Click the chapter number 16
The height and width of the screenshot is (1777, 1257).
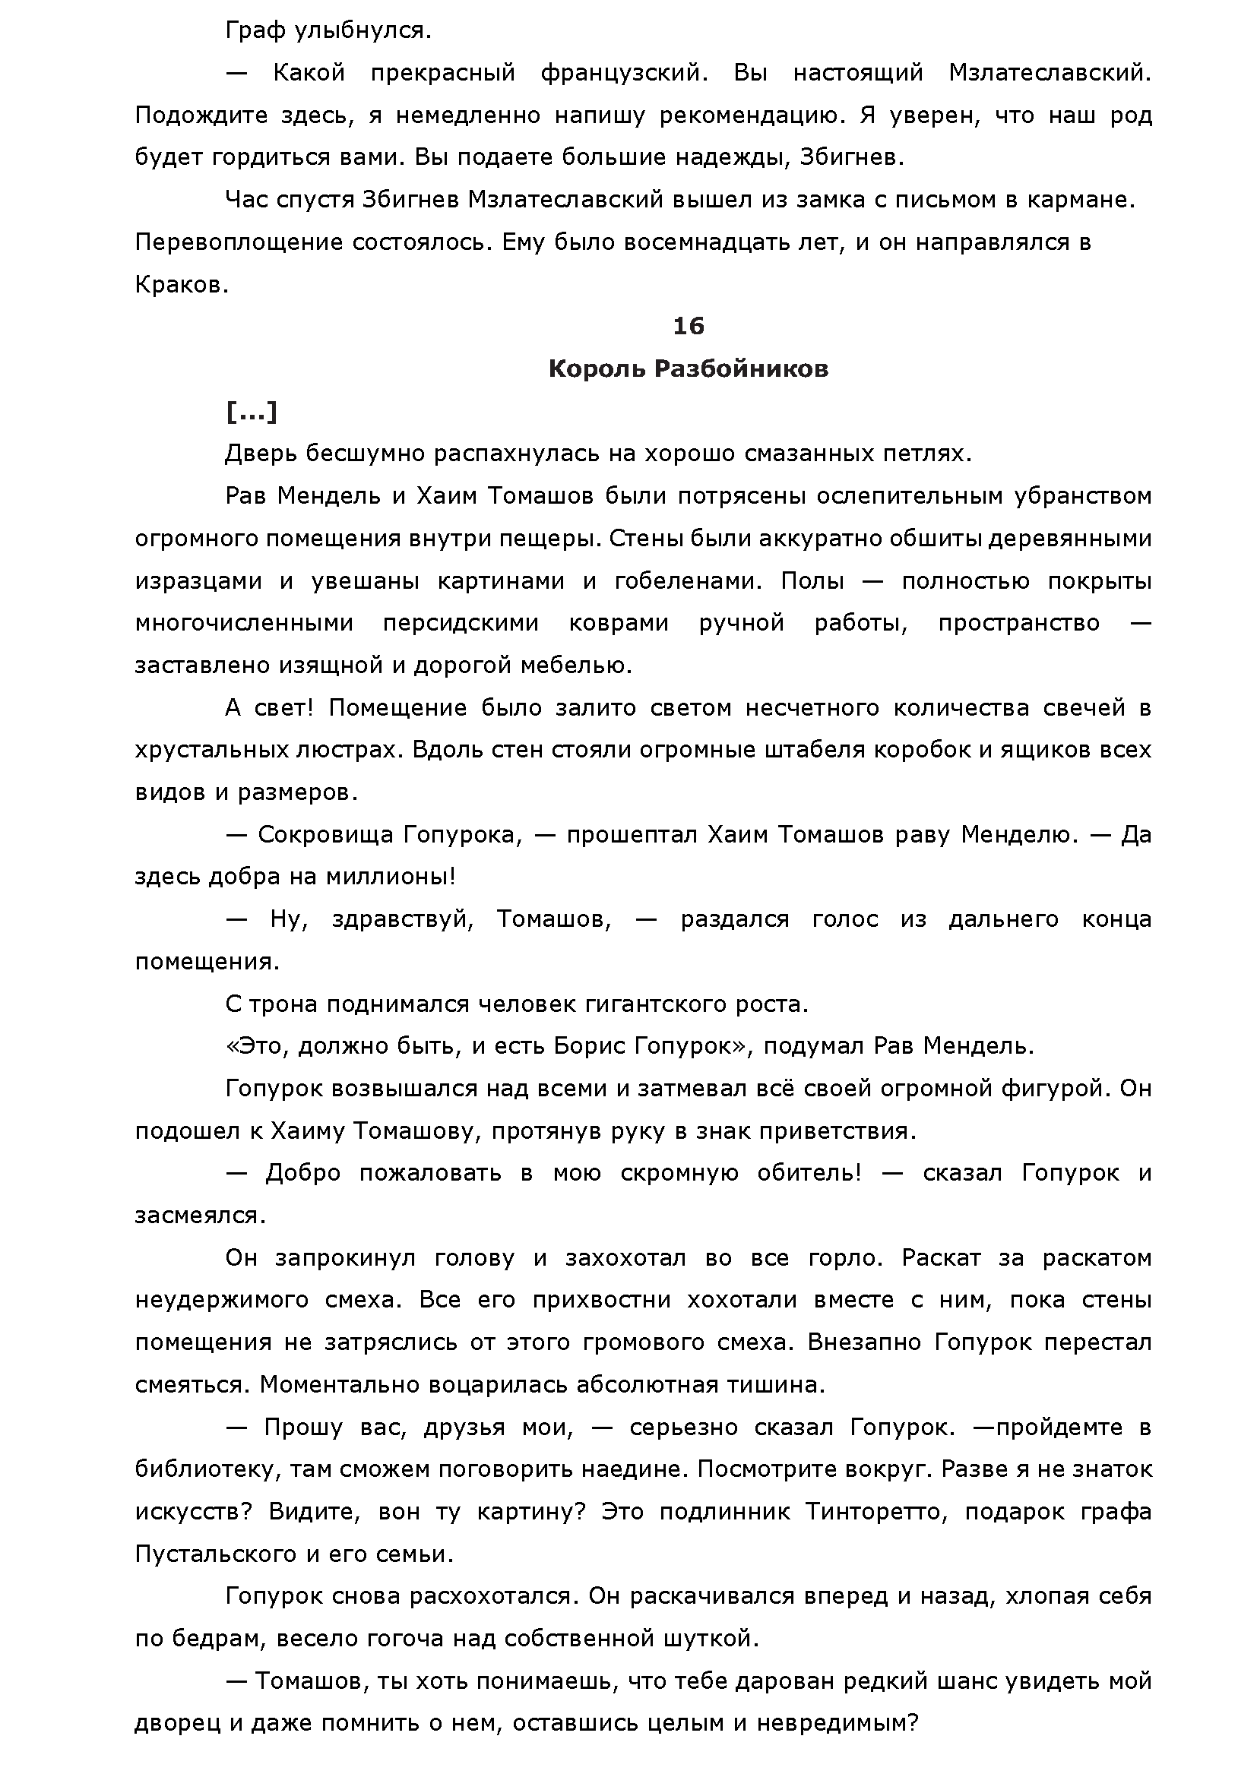click(688, 327)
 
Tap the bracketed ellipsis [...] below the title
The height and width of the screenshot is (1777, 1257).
click(251, 412)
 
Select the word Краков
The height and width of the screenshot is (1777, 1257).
click(182, 285)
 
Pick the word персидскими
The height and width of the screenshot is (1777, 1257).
click(461, 623)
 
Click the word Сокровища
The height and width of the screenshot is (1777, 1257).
click(325, 834)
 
